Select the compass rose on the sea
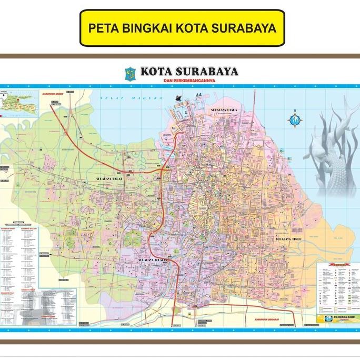[294, 119]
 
